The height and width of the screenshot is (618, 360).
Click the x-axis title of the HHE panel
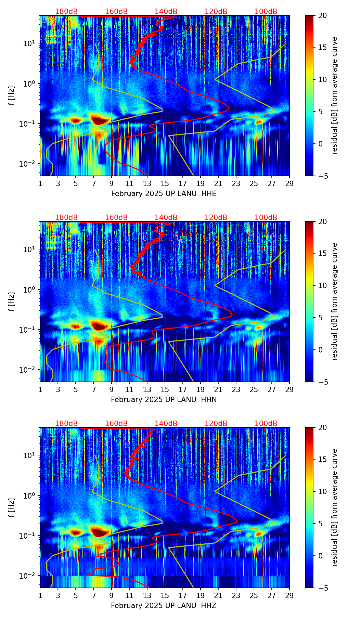point(164,194)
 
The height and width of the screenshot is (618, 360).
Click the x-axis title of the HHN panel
point(164,400)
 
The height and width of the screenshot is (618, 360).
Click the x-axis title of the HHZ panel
point(164,606)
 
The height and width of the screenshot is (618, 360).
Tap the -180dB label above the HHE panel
point(65,12)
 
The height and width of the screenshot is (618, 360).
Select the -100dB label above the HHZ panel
point(265,424)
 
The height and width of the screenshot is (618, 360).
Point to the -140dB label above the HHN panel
point(165,218)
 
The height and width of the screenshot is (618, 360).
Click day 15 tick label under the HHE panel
point(165,183)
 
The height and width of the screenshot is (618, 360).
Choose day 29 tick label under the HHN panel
point(290,389)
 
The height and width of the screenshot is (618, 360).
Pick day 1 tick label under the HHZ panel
point(40,595)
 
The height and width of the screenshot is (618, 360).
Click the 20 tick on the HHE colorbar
point(322,15)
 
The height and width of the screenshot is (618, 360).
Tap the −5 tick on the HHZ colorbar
point(322,588)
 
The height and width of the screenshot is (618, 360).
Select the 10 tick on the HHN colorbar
point(322,285)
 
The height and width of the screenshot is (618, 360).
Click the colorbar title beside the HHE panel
point(335,95)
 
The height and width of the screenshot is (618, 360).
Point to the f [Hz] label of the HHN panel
point(12,301)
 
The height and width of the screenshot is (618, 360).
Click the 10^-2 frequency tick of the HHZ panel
point(30,576)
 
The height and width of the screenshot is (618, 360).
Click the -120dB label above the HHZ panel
point(215,424)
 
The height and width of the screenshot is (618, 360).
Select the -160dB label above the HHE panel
point(115,12)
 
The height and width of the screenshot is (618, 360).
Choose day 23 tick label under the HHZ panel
point(236,595)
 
